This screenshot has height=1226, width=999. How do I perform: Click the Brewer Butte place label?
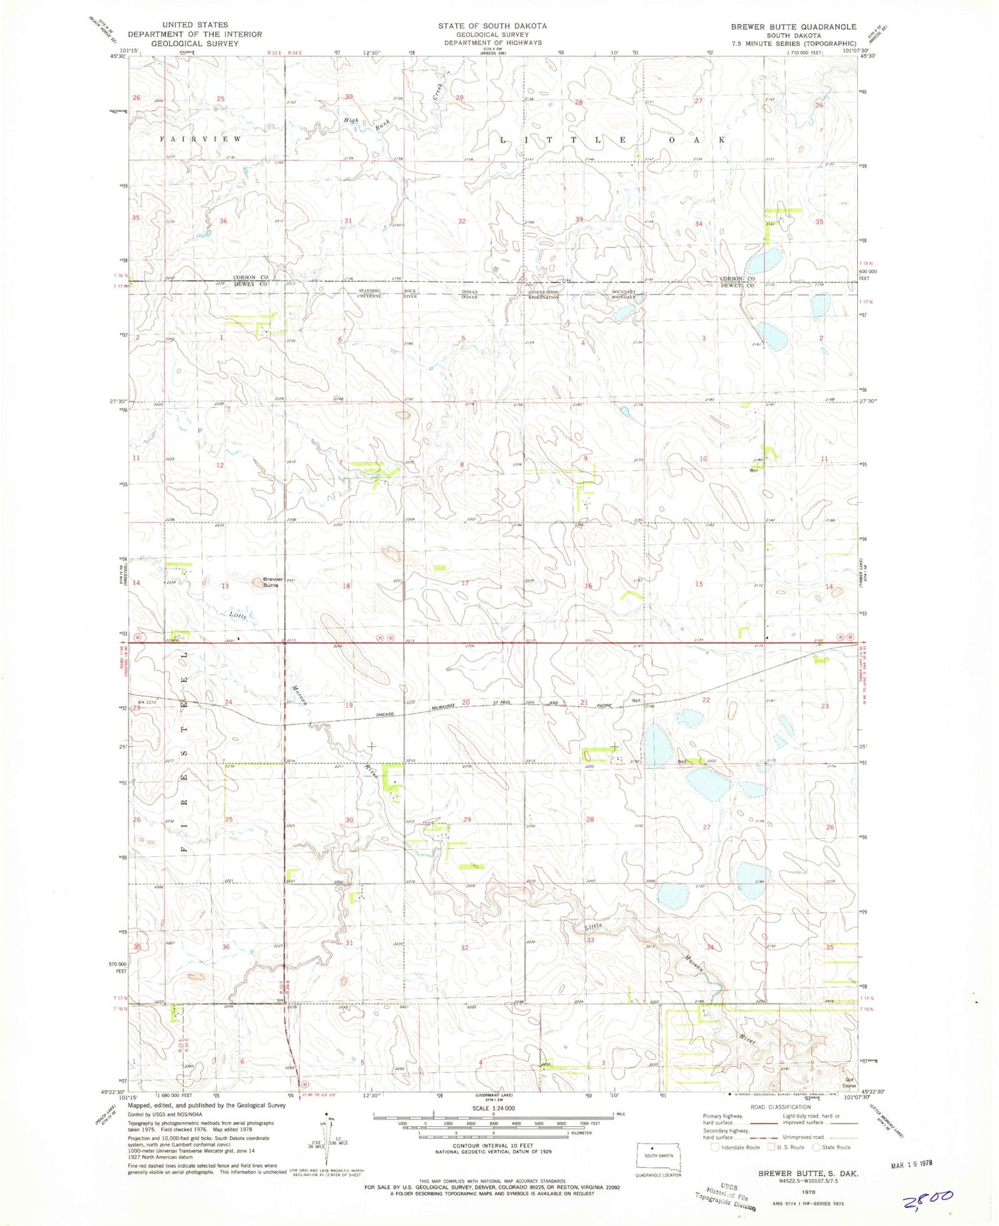tap(272, 582)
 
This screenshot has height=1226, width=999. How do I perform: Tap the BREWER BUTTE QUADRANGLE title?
tap(793, 27)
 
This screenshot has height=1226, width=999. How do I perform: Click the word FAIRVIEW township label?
tap(200, 139)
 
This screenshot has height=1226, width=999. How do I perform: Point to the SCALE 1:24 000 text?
tap(494, 1108)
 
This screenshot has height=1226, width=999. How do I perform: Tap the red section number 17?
tap(466, 583)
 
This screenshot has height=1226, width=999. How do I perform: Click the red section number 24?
tap(228, 702)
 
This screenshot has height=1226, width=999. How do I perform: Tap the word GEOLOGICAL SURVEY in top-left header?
tap(194, 43)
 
